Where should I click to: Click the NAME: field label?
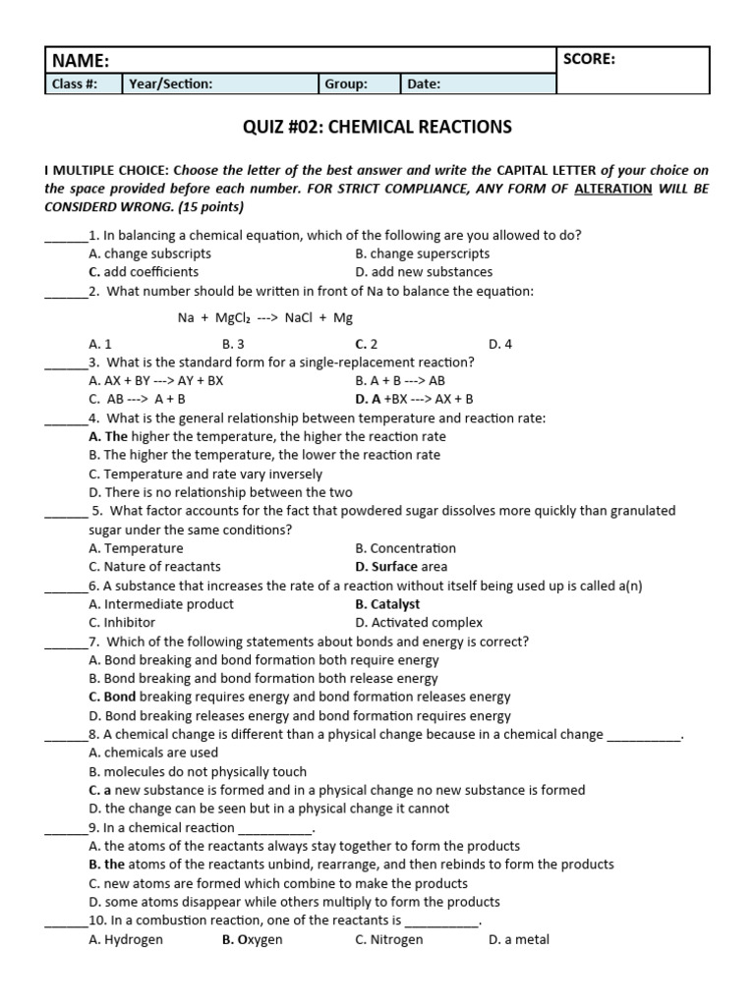tap(82, 61)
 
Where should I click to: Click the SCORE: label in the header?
tap(589, 59)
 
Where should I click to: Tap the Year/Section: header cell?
tap(170, 84)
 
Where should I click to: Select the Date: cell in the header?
tap(424, 84)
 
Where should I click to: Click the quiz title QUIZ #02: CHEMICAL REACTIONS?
tap(377, 127)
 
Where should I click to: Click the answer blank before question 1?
tap(66, 236)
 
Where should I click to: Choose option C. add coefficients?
tap(144, 272)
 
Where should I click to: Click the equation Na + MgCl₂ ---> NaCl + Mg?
tap(265, 318)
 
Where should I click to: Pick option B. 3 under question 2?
tap(233, 345)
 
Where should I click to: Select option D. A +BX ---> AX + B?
tap(414, 399)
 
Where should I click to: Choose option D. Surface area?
tap(401, 567)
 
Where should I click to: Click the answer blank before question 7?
tap(66, 643)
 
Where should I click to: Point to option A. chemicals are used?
tap(153, 754)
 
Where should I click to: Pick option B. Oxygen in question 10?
tap(253, 940)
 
